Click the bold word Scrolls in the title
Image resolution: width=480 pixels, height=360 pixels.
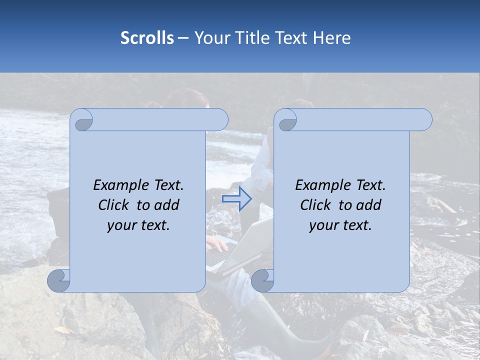147,38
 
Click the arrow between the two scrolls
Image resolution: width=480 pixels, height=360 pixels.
237,199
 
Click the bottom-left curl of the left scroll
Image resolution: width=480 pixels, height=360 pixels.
59,280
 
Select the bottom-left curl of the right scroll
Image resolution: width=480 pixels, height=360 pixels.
263,280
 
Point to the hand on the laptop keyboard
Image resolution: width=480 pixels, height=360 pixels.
216,243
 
